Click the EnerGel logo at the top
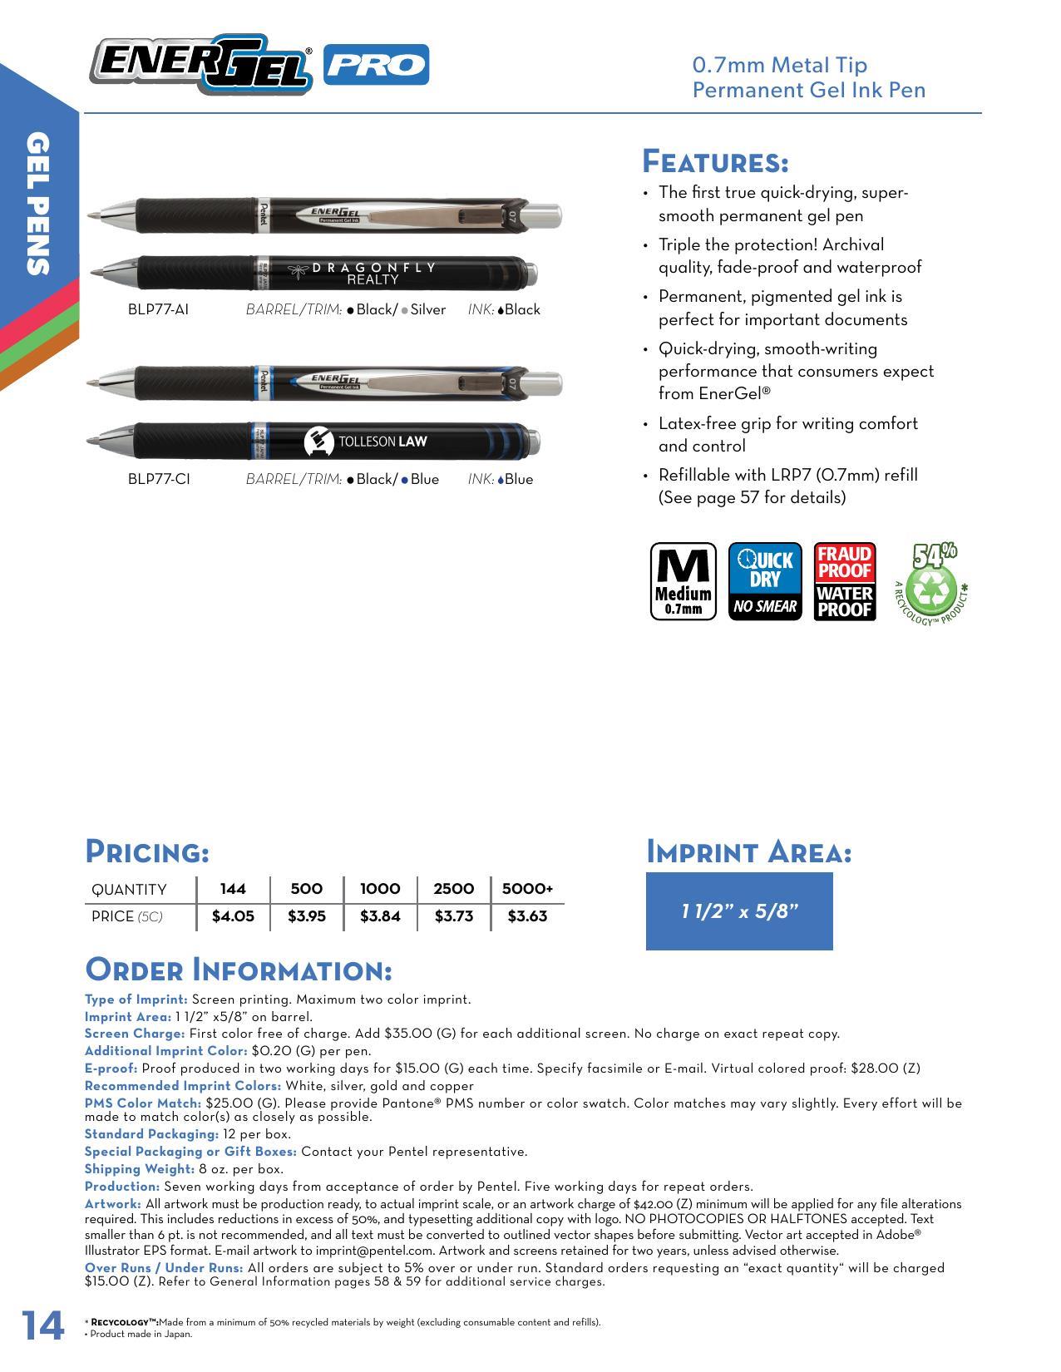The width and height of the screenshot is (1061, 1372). tap(201, 64)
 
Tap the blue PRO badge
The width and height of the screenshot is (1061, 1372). tap(376, 65)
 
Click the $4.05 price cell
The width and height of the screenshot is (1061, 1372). tap(233, 916)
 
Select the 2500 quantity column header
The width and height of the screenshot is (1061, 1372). tap(453, 889)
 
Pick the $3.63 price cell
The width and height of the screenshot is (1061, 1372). tap(527, 916)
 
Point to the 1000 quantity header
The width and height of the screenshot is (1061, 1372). tap(380, 889)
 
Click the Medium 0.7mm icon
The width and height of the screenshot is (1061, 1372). tap(683, 581)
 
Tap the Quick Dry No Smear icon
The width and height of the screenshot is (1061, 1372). tap(765, 581)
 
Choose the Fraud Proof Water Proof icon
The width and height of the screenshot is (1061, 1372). tap(844, 581)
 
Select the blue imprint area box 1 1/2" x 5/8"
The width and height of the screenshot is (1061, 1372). tap(739, 911)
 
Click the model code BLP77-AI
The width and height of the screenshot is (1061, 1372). tap(158, 309)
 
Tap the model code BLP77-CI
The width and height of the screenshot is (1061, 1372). tap(159, 479)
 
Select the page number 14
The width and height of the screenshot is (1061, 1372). tap(42, 1325)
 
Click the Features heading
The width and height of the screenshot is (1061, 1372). tap(715, 160)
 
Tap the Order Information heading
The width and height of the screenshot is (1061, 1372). tap(238, 970)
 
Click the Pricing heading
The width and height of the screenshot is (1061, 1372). tap(147, 851)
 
